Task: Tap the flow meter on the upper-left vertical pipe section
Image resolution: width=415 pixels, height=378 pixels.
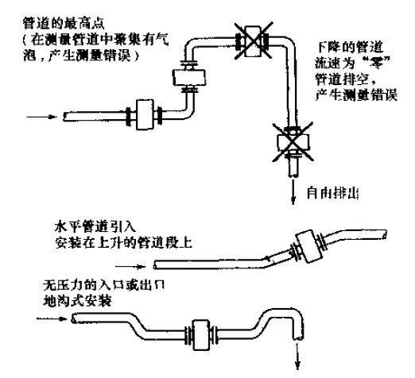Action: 188,76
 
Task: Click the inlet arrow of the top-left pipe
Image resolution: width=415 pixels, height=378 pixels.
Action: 41,115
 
